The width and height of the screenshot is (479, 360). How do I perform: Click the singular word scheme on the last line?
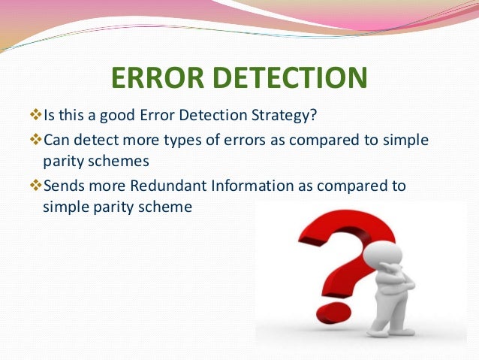click(167, 204)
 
